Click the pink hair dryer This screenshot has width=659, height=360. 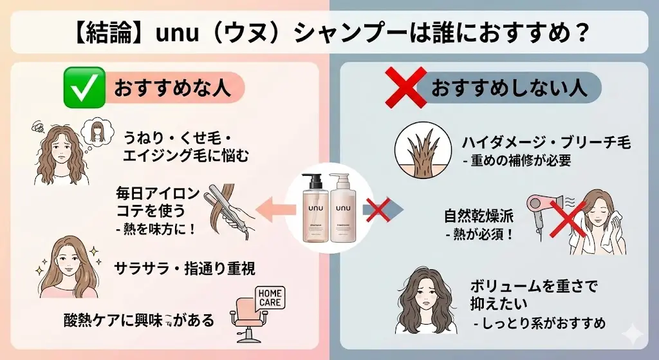[x=541, y=205]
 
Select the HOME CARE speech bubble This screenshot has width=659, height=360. [x=269, y=297]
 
